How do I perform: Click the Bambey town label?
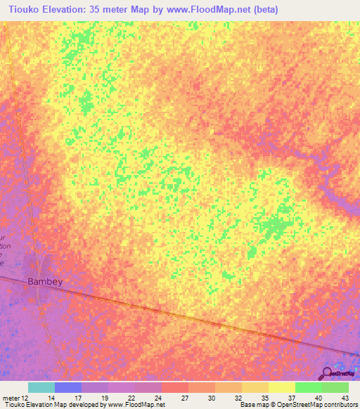pyautogui.click(x=45, y=282)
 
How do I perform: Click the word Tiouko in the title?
pyautogui.click(x=22, y=10)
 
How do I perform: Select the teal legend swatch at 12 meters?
pyautogui.click(x=41, y=387)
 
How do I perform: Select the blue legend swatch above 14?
pyautogui.click(x=68, y=387)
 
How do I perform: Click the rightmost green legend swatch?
pyautogui.click(x=335, y=387)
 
